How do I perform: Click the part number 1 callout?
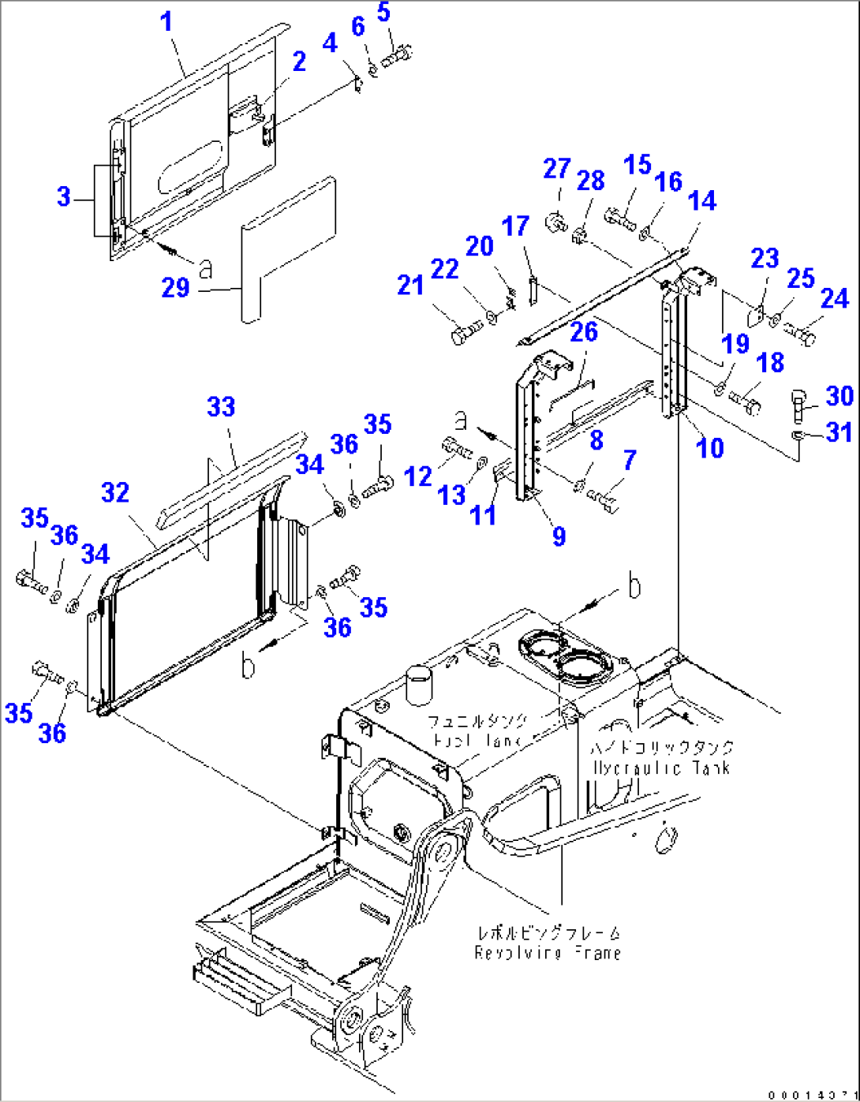point(166,22)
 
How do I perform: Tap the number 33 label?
point(221,407)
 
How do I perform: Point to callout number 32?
point(115,493)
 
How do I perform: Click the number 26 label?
point(584,332)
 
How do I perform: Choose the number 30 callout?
point(839,395)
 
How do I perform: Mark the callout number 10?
point(710,447)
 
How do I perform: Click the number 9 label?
point(559,536)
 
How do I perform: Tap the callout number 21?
point(410,285)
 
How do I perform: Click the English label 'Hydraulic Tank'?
point(661,768)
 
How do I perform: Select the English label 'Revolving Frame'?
point(548,953)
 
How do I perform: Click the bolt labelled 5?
point(397,55)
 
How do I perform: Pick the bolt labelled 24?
point(800,335)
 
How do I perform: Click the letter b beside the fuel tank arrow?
point(633,588)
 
